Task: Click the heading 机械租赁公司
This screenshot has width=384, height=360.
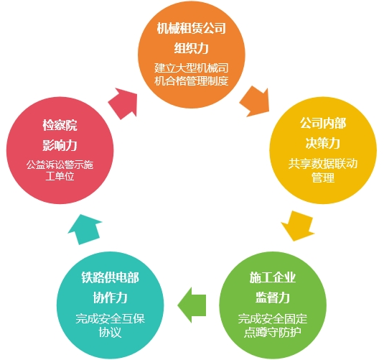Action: click(x=191, y=28)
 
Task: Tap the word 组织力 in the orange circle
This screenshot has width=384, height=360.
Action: click(x=191, y=48)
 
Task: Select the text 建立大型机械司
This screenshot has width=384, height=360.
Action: click(x=191, y=68)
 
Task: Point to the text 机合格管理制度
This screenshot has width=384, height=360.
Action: click(x=191, y=80)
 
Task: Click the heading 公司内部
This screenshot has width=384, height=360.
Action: click(x=323, y=123)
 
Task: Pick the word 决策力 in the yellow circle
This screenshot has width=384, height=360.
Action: click(x=323, y=143)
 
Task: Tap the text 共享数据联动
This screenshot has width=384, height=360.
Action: click(x=323, y=163)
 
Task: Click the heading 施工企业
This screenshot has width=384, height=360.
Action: click(x=273, y=277)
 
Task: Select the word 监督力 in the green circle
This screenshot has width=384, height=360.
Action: click(x=273, y=297)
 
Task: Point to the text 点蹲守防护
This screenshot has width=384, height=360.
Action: click(x=273, y=332)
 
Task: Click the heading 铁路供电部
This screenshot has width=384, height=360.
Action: click(x=111, y=277)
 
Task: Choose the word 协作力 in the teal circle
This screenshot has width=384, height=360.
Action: click(x=111, y=297)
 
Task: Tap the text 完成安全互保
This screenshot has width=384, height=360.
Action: click(x=111, y=318)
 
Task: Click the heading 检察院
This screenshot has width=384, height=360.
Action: click(x=60, y=125)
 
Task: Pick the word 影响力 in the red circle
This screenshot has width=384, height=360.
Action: click(x=60, y=145)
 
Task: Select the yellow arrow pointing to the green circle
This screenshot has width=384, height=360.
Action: click(x=298, y=226)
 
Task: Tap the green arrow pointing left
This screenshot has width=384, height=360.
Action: click(x=192, y=305)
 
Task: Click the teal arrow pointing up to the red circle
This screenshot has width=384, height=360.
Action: click(x=85, y=229)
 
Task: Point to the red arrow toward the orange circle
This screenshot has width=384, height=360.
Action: click(x=123, y=103)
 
